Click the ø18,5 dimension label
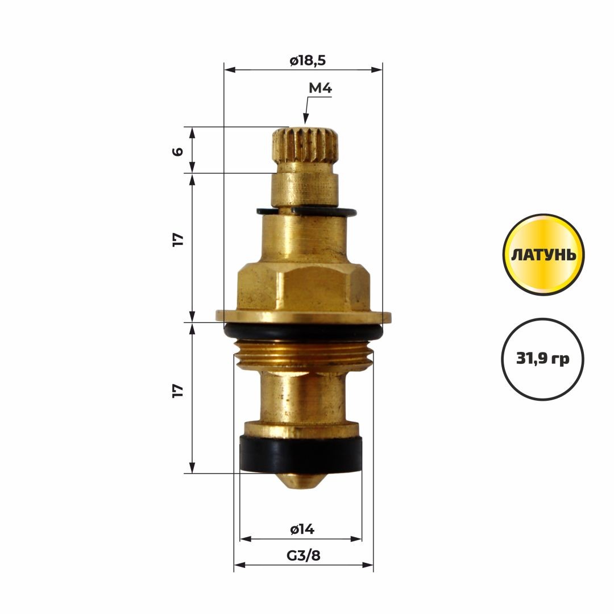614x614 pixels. (308, 61)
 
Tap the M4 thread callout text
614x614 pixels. (320, 89)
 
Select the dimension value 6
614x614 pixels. (178, 151)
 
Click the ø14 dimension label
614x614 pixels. (302, 529)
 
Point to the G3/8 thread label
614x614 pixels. (304, 555)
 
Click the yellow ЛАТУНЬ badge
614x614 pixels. (544, 255)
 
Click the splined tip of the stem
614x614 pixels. (305, 146)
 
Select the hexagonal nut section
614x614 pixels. (304, 287)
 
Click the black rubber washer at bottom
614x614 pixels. (301, 455)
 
